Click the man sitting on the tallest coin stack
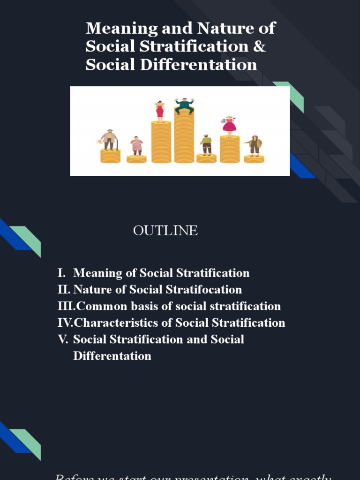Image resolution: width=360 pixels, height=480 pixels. pos(184,105)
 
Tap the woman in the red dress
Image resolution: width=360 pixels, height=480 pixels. pos(160,111)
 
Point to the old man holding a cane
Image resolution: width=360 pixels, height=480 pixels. pos(109,139)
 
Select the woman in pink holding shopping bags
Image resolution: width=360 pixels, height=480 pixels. pos(229,125)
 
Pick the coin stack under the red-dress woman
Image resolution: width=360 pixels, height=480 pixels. pos(161,142)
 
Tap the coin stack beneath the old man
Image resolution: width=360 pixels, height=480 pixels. pos(110,156)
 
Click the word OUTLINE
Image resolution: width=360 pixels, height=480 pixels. pos(165,231)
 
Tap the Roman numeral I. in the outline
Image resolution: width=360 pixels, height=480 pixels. pos(61,273)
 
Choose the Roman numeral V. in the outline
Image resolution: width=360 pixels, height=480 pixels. pos(63,339)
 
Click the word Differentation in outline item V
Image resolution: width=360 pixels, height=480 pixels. pos(112,356)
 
